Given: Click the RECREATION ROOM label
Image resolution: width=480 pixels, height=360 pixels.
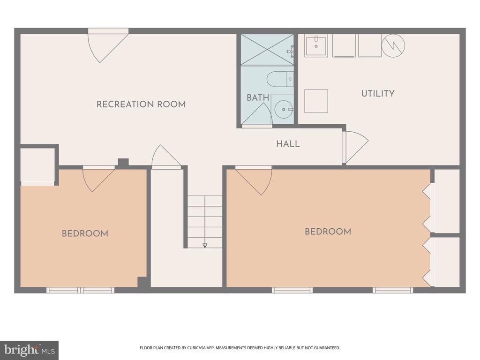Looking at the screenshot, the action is coord(141,105).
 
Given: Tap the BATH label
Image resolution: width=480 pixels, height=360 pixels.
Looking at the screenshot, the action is coord(258,97).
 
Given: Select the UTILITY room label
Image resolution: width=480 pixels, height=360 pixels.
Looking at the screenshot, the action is coord(378,93).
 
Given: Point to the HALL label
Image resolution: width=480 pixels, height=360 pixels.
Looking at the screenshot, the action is coord(288,143).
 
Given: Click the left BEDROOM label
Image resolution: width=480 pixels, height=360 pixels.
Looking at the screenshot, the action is coord(85,233).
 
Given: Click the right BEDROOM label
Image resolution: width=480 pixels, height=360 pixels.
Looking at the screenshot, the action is coord(328,232).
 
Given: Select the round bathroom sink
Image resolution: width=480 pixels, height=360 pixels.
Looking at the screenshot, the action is coord(284,109).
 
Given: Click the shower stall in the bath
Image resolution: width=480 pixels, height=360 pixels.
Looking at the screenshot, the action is coord(267,50).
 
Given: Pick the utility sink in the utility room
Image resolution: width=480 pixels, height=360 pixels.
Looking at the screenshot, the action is coord(316,45).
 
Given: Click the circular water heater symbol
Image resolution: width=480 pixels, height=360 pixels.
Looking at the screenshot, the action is coord(393,45).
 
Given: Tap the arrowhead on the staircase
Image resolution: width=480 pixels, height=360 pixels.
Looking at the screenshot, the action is coord(205,245).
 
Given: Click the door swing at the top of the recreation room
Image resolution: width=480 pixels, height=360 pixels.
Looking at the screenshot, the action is coord(108,46).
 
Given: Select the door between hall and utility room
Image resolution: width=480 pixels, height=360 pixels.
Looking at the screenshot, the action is coord(355,147).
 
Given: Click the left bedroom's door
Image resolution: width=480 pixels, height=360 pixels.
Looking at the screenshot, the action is coord(99,179).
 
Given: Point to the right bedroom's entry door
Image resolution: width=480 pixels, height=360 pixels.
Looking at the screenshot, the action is coord(254,180).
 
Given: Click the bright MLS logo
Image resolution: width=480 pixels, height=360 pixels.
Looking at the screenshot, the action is coord(30,350).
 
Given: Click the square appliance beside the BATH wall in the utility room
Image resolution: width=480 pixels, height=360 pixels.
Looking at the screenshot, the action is coord(316,101).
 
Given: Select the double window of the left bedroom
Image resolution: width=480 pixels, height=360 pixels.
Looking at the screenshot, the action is coord(81,290).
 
